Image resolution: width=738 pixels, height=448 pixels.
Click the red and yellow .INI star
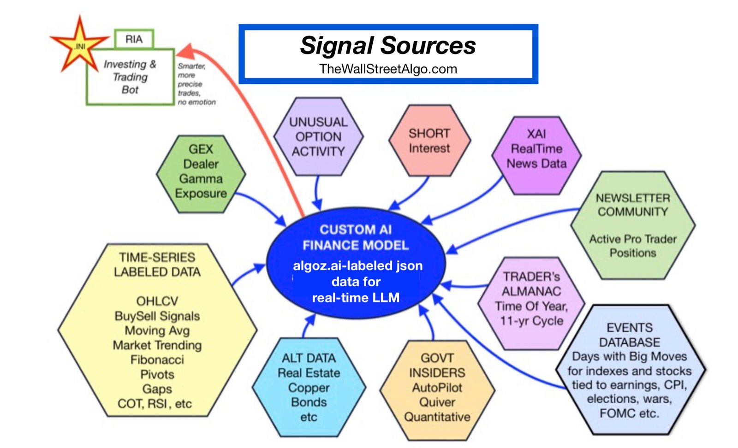click(x=80, y=46)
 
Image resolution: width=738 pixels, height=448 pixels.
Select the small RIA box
click(x=134, y=39)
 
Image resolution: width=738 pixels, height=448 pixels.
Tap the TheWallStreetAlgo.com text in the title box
click(x=388, y=69)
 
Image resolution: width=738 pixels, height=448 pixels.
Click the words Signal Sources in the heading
click(x=388, y=46)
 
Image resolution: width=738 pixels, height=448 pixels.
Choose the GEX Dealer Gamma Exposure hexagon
click(x=201, y=173)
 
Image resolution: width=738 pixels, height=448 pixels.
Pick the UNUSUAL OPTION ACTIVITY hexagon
click(x=318, y=137)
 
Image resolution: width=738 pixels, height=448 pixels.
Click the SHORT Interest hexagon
click(x=429, y=141)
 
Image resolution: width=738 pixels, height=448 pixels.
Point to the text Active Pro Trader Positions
click(x=632, y=246)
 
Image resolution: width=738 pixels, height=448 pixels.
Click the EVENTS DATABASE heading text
click(x=629, y=335)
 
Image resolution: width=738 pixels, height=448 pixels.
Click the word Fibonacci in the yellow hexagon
click(x=157, y=360)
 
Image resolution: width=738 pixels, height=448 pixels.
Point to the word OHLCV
click(x=157, y=301)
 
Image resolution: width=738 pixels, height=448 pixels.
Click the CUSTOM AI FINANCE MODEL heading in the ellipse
click(x=355, y=237)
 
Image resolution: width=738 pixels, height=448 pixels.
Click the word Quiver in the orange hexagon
click(x=437, y=402)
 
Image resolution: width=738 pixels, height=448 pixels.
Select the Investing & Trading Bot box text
click(x=130, y=77)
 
